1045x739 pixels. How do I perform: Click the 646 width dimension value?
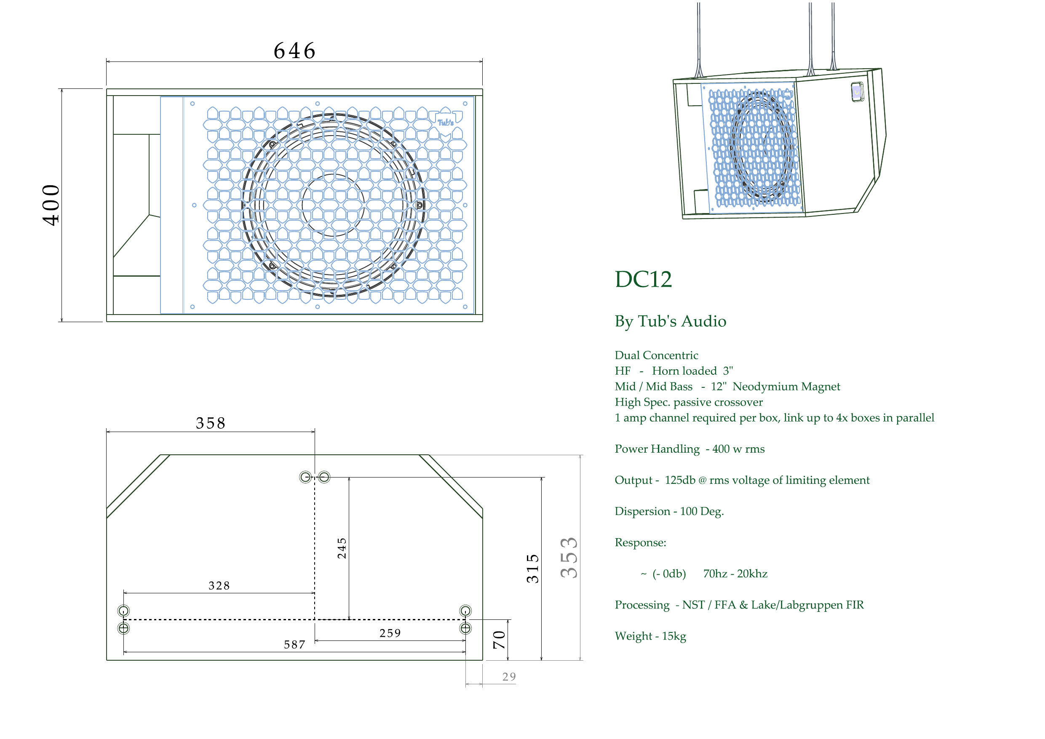(x=294, y=51)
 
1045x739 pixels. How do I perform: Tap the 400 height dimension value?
(x=51, y=205)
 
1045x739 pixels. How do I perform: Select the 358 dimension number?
(x=211, y=423)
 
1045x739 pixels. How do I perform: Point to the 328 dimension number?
(x=219, y=586)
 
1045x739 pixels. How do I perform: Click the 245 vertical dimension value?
(x=342, y=548)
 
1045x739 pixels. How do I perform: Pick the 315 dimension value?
(x=532, y=568)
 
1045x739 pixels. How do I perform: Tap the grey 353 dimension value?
(x=569, y=558)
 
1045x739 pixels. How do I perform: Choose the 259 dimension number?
(x=390, y=633)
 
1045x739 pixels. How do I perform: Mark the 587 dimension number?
(x=294, y=644)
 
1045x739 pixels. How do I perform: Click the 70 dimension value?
(x=499, y=640)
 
